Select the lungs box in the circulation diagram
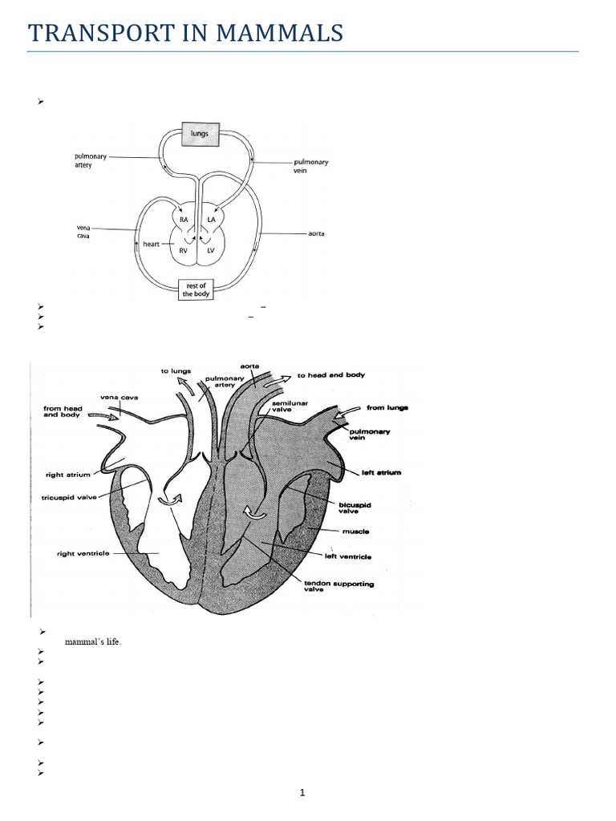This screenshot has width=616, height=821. point(200,133)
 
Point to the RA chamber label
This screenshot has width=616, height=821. point(184,218)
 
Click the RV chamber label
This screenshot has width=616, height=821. point(184,250)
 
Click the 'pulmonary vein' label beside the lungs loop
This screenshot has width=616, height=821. point(310,165)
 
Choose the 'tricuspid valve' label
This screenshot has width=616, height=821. point(71,497)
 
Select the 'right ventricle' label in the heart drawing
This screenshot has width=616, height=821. point(83,553)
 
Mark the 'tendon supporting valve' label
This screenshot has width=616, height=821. point(350,587)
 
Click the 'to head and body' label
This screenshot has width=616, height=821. point(331,375)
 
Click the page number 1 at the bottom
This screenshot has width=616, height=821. point(302,793)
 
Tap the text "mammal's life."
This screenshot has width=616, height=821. point(93,643)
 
